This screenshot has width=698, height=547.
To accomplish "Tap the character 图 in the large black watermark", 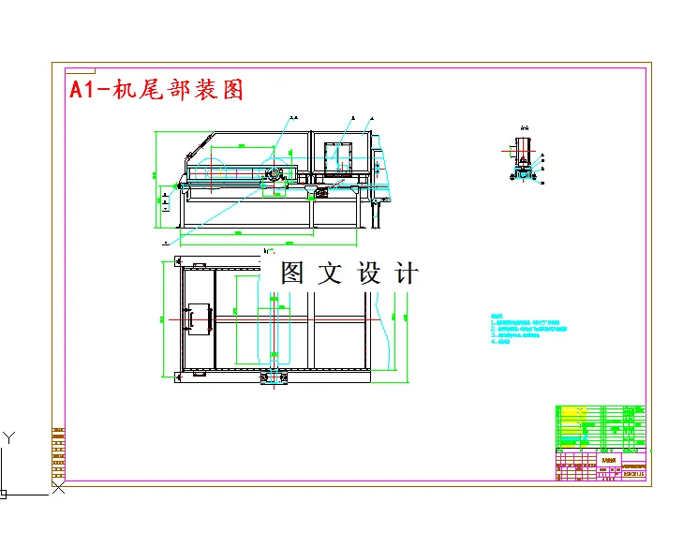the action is click(294, 273).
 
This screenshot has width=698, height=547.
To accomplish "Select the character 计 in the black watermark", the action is click(408, 273).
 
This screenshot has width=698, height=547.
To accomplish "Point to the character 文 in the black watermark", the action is click(332, 273).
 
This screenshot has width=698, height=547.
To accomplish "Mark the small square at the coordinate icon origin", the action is click(3, 493).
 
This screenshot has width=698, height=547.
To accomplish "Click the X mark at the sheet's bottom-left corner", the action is click(59, 487).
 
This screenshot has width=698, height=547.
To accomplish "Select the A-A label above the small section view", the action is click(524, 127).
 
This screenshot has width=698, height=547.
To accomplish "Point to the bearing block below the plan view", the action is click(274, 377).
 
